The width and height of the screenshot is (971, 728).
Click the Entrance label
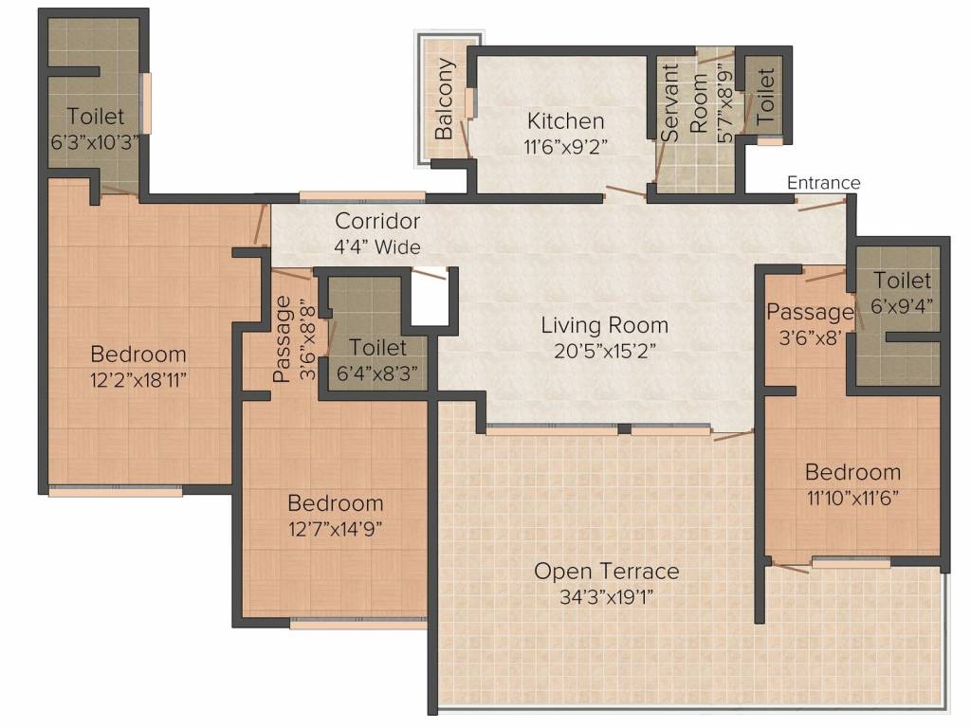(x=823, y=183)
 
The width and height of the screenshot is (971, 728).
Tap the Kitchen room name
(x=565, y=120)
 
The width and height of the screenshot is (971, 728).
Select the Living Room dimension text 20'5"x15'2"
(x=604, y=351)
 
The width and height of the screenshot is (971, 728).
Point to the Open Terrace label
(x=606, y=571)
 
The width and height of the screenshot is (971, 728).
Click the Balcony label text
(x=444, y=99)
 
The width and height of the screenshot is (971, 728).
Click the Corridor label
(x=377, y=221)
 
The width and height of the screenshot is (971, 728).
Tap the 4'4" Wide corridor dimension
(x=377, y=247)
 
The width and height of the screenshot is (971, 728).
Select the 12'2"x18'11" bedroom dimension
(x=138, y=379)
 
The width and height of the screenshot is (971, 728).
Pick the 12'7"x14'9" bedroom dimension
(x=335, y=529)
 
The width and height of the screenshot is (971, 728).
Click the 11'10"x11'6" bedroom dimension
(x=852, y=498)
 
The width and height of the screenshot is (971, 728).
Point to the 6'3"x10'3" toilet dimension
(x=95, y=142)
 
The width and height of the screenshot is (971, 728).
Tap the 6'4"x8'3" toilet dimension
(x=377, y=373)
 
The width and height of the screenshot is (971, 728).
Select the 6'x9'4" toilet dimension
(x=902, y=306)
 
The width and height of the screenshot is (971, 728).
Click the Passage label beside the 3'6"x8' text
(x=810, y=312)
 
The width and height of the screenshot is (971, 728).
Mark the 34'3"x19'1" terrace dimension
(x=606, y=597)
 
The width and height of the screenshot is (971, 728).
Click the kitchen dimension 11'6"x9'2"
(x=565, y=147)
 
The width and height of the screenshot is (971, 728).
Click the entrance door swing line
(x=822, y=205)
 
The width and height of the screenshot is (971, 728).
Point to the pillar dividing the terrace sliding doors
(x=624, y=428)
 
